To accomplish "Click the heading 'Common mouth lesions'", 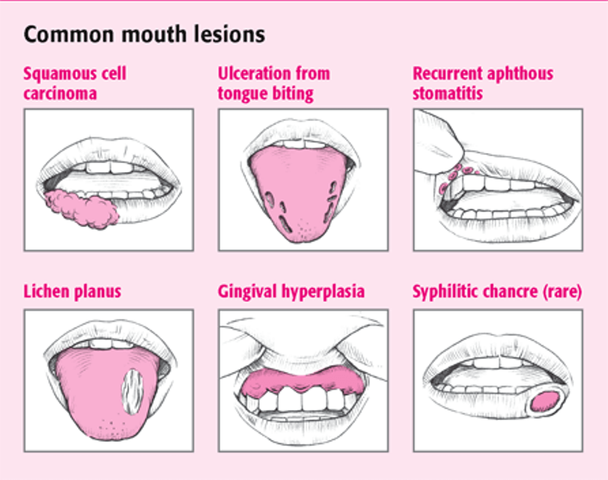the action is pyautogui.click(x=144, y=34).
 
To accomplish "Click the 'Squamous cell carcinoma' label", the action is pyautogui.click(x=75, y=83).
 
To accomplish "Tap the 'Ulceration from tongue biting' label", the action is pyautogui.click(x=274, y=83).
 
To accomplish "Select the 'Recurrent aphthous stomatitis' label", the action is pyautogui.click(x=483, y=83).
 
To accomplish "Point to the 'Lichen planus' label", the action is pyautogui.click(x=72, y=292).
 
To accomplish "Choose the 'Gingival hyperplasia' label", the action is pyautogui.click(x=291, y=292).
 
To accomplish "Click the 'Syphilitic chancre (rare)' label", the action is pyautogui.click(x=497, y=292).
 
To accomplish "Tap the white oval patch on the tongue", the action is pyautogui.click(x=132, y=391).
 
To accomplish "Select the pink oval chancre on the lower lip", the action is pyautogui.click(x=545, y=402).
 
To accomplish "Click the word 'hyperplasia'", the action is pyautogui.click(x=323, y=292).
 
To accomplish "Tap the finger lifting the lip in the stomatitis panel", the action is pyautogui.click(x=439, y=144).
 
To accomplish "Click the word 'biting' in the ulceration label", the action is pyautogui.click(x=295, y=94).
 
